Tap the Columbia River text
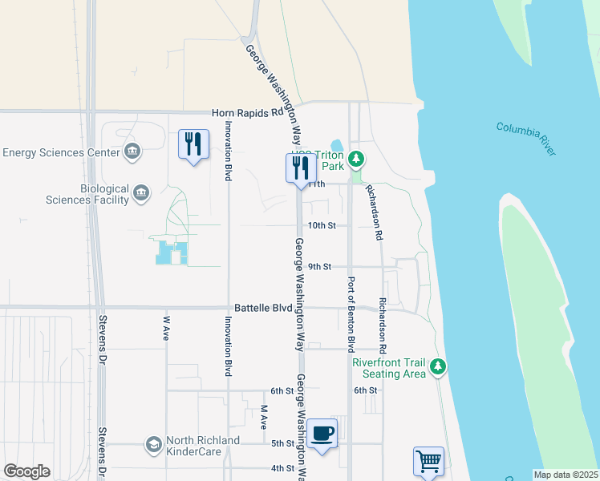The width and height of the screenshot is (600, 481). click(525, 137)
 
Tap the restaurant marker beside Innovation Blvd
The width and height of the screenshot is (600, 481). click(193, 145)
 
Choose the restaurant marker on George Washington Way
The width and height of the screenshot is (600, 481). click(301, 168)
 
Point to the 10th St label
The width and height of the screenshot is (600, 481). click(321, 226)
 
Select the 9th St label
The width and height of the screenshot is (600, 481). click(319, 267)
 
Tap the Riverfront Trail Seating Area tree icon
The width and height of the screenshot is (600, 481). click(437, 367)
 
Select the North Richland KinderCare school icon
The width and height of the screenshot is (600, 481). click(153, 443)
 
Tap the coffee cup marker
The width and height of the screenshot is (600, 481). click(322, 434)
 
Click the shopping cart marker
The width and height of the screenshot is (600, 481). click(428, 462)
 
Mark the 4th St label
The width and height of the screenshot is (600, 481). click(282, 468)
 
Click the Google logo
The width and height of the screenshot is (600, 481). click(27, 471)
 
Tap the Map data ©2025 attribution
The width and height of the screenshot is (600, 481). click(566, 475)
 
